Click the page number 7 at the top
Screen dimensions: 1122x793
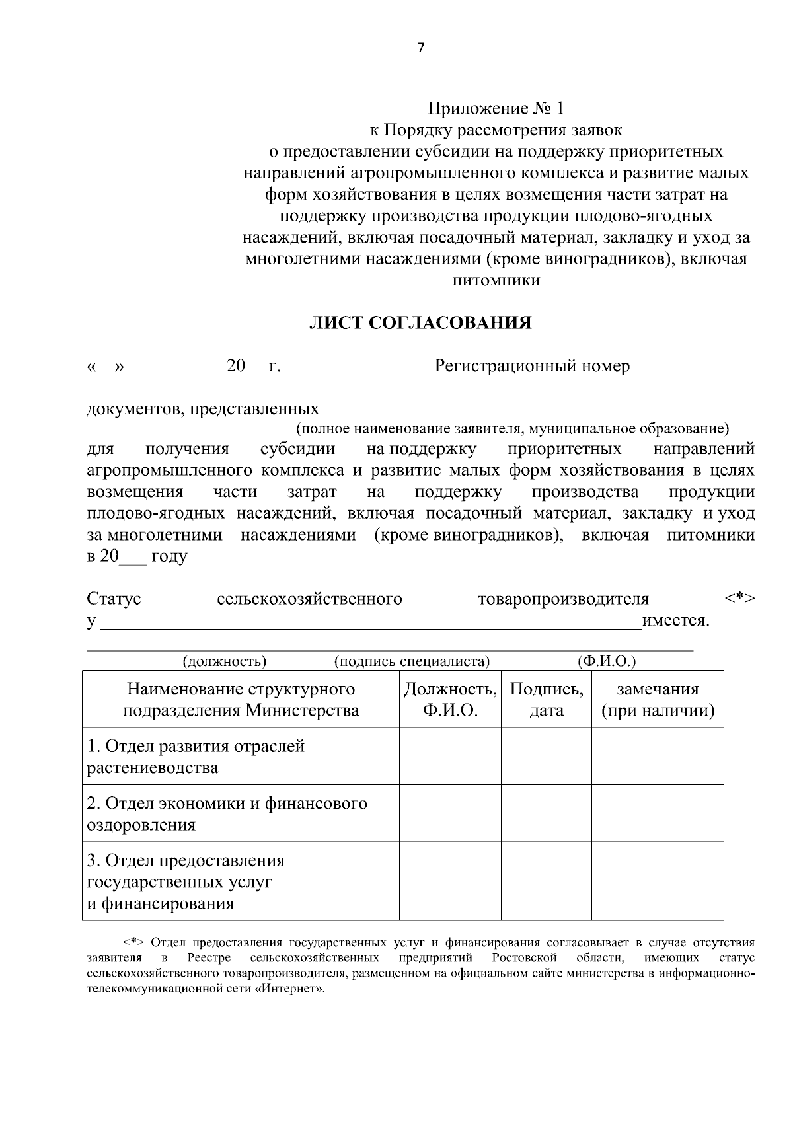point(421,46)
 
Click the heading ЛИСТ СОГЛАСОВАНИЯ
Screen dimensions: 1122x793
point(421,323)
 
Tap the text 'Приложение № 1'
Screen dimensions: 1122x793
point(496,108)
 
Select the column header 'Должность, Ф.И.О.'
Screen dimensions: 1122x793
point(450,699)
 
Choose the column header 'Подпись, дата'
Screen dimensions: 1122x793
point(547,699)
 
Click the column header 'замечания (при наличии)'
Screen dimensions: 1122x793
point(657,699)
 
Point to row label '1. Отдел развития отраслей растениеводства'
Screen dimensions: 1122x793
point(196,757)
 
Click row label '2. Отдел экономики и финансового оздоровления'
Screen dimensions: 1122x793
point(227,813)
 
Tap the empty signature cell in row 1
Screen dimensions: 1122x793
point(547,757)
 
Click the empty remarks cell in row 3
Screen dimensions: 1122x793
point(657,881)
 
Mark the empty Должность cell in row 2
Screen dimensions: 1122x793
point(450,813)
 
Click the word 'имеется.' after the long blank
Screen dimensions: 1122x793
point(675,621)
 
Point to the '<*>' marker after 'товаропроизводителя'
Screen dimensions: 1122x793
point(739,598)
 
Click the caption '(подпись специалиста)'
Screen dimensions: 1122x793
point(412,661)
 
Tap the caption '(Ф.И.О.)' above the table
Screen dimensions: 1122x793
point(606,661)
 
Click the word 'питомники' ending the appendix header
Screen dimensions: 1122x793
point(496,280)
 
